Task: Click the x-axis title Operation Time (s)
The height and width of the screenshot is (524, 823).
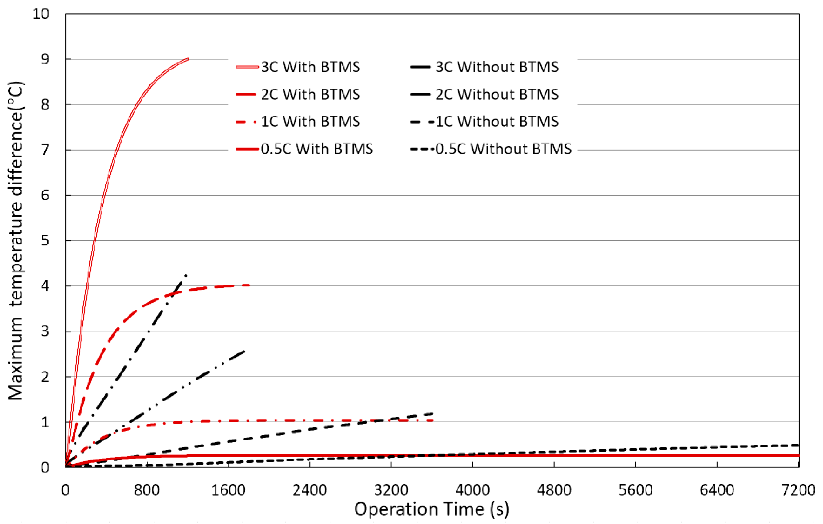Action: (x=431, y=509)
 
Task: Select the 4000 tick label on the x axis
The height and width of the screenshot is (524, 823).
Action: (x=472, y=490)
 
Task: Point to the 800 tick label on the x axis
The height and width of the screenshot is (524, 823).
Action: (x=147, y=490)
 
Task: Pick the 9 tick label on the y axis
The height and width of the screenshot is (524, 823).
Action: (x=45, y=59)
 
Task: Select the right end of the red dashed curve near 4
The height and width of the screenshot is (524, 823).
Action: (x=249, y=285)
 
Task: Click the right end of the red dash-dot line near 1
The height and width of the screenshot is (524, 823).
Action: (x=433, y=420)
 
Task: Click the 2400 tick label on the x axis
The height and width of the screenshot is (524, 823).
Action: (x=310, y=490)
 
